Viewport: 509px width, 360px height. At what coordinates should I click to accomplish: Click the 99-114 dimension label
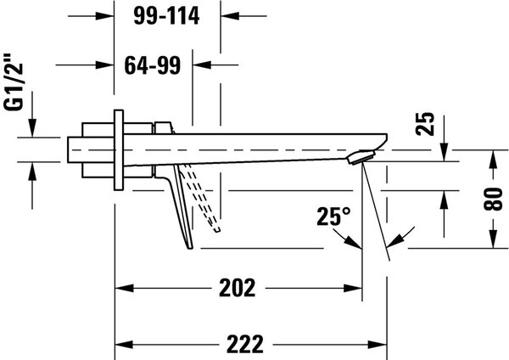(x=166, y=16)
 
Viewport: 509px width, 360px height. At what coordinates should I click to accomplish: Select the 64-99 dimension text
(x=153, y=65)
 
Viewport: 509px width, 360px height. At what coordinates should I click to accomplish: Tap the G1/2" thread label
(x=14, y=82)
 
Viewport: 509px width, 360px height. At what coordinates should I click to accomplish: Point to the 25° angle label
(x=333, y=217)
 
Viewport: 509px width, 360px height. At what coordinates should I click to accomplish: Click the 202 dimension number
(x=238, y=288)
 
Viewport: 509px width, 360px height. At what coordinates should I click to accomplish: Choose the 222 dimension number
(x=245, y=345)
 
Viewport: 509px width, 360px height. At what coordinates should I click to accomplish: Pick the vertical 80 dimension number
(x=493, y=200)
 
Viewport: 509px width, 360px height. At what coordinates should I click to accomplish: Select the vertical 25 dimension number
(x=425, y=123)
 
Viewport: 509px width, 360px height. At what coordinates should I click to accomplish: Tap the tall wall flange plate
(x=119, y=150)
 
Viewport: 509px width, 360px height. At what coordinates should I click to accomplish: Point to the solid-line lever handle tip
(x=190, y=248)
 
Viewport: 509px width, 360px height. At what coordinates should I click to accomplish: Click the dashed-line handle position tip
(x=217, y=230)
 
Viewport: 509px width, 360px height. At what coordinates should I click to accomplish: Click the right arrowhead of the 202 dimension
(x=353, y=288)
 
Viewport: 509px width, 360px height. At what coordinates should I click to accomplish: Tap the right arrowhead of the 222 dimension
(x=378, y=345)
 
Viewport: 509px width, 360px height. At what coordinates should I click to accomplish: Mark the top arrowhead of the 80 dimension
(x=493, y=160)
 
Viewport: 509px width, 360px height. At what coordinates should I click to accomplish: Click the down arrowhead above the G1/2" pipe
(x=32, y=128)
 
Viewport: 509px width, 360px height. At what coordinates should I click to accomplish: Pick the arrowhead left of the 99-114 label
(x=105, y=15)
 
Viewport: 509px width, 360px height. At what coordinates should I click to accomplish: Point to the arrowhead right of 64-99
(x=202, y=65)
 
